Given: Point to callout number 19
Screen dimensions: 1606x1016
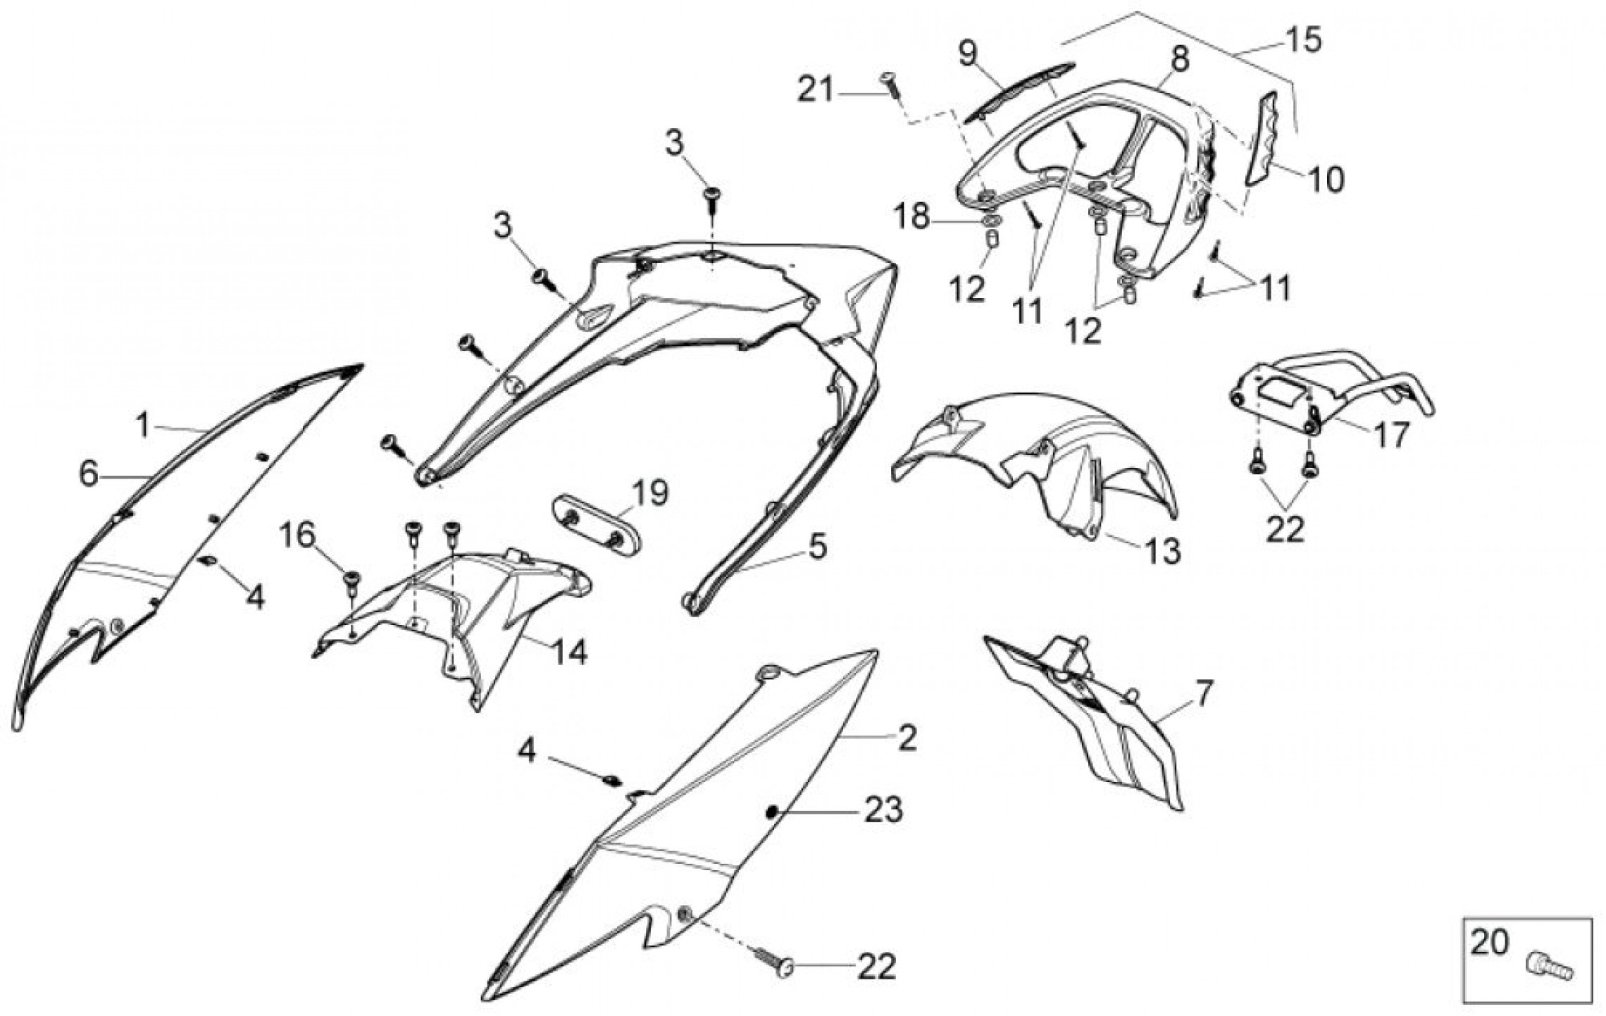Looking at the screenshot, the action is tap(648, 493).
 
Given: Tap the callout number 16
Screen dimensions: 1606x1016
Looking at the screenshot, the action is tap(297, 535).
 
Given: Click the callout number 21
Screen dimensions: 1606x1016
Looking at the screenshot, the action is tap(815, 91).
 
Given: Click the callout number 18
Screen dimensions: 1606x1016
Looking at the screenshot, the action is tap(912, 217).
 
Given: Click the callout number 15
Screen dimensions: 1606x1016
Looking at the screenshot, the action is tap(1303, 40).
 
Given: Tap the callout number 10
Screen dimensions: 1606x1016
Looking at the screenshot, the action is tap(1325, 180).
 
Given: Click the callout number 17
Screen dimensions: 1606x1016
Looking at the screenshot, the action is tap(1391, 435).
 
